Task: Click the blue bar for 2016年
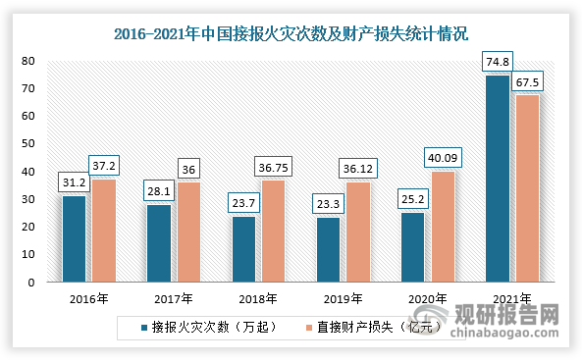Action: coord(74,238)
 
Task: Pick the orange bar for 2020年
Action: coord(442,227)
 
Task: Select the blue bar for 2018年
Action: coord(243,249)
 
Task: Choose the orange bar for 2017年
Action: coord(187,232)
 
